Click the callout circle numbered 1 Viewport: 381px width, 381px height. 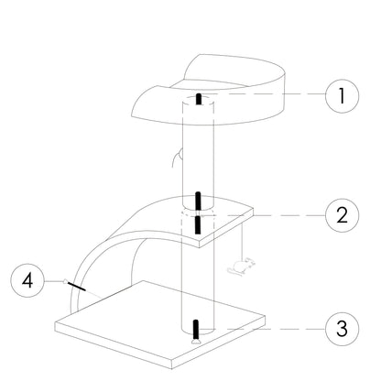pos(342,95)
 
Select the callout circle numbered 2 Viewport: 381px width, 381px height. pos(342,215)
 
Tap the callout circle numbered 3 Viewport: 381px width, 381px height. pos(342,329)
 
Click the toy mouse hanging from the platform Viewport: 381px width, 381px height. pos(241,268)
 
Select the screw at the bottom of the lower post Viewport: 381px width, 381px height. pos(196,327)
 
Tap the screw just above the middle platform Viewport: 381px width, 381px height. pos(199,200)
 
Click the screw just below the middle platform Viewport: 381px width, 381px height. pos(198,224)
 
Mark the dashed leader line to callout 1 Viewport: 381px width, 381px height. pos(266,95)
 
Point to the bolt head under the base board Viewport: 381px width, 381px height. pos(194,343)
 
